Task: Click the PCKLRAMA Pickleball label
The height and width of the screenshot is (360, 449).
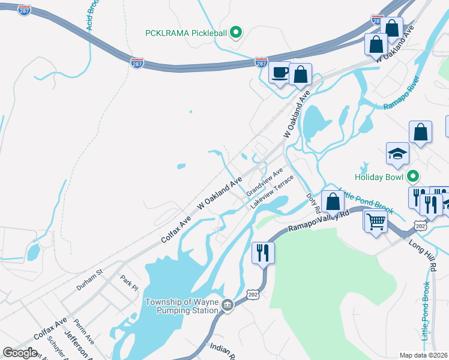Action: pos(186,32)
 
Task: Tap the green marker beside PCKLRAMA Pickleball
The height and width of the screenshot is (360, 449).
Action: pos(236,32)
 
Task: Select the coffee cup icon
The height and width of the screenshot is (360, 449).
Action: pos(280,73)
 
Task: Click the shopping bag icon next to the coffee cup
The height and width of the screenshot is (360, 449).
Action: pos(301,75)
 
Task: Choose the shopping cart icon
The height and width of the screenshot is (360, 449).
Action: pos(376,221)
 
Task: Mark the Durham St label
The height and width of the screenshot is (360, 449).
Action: pos(89,280)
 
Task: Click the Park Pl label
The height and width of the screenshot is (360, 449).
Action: pos(128,282)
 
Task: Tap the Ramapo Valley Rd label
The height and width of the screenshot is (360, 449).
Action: pos(319,221)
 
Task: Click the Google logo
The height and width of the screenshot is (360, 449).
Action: pos(20,353)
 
